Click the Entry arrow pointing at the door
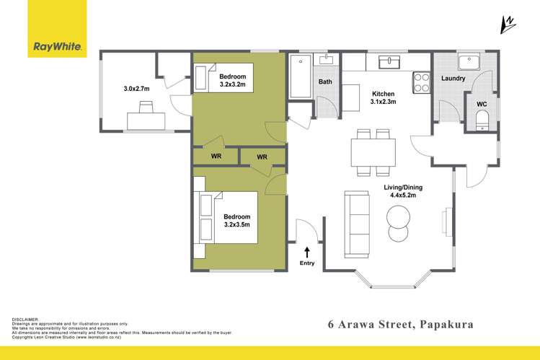pyautogui.click(x=308, y=252)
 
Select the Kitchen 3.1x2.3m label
pyautogui.click(x=384, y=97)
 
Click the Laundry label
pyautogui.click(x=453, y=78)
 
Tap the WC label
pyautogui.click(x=482, y=104)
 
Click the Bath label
pyautogui.click(x=326, y=82)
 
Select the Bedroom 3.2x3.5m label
pyautogui.click(x=236, y=221)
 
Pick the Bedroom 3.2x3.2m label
pyautogui.click(x=232, y=80)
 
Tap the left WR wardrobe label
pyautogui.click(x=216, y=156)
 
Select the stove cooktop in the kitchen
pyautogui.click(x=421, y=83)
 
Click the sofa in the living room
pyautogui.click(x=356, y=223)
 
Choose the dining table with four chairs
pyautogui.click(x=372, y=152)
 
